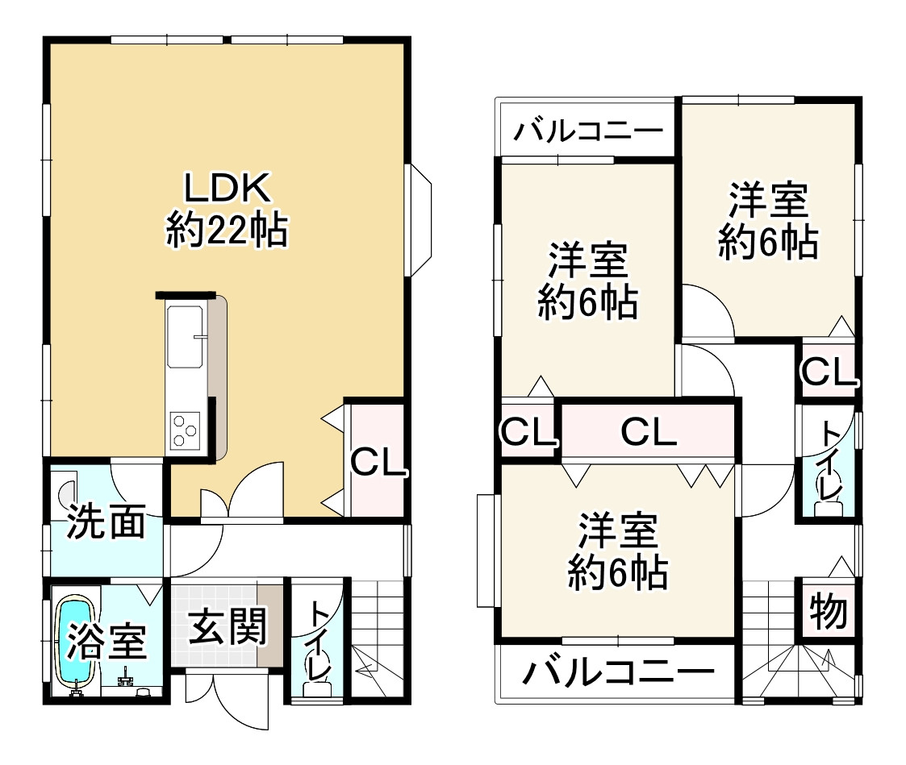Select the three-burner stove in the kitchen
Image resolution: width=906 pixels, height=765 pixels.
186,428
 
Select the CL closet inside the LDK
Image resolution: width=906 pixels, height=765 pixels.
375,462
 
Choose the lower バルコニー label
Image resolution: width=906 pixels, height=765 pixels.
618,671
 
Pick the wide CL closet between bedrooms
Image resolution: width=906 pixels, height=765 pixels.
649,434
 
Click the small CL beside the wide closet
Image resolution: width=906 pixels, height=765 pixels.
528,434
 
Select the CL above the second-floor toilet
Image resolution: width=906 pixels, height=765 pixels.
828,372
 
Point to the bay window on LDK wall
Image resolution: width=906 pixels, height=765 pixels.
420,220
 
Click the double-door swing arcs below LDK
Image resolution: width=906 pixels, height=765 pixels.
243,493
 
